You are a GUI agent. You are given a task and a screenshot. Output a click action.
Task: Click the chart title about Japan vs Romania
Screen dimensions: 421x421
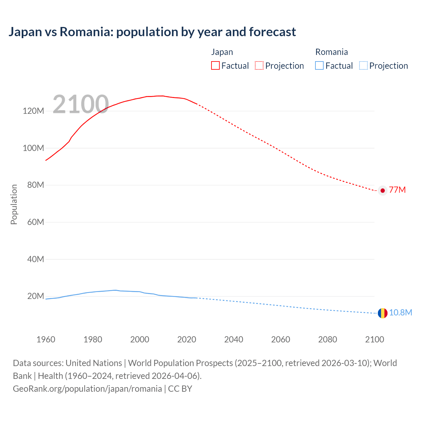point(152,32)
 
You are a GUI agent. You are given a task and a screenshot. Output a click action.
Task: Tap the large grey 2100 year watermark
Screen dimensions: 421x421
point(81,104)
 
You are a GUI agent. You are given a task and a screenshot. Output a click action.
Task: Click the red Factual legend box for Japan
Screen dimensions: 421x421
point(215,65)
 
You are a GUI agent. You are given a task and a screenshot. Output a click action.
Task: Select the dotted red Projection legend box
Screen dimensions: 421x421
point(259,65)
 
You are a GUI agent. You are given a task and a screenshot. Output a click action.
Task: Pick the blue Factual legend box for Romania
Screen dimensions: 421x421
point(319,65)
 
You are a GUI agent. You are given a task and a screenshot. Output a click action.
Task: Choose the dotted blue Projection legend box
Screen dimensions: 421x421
point(363,65)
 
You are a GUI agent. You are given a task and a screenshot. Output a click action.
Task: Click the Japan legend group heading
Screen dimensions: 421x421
point(222,52)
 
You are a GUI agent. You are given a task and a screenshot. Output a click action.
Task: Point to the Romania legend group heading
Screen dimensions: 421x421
point(332,52)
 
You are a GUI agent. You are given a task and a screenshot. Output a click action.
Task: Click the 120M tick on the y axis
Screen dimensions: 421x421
point(33,111)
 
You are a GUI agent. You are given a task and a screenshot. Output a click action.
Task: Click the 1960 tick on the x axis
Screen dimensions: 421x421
point(46,339)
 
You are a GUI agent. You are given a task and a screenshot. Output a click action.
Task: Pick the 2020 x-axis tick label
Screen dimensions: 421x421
point(186,339)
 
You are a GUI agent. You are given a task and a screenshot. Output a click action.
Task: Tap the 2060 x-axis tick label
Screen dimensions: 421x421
point(281,339)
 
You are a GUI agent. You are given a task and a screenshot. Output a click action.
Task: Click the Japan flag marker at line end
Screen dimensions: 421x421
point(383,190)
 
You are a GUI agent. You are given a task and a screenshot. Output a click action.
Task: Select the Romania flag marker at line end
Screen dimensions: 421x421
point(383,313)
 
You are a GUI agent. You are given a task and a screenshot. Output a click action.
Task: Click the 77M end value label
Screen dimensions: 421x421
point(397,190)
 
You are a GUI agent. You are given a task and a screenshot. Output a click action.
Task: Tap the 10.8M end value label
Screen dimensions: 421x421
point(400,312)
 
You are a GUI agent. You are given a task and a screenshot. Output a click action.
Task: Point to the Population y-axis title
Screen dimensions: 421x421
point(14,204)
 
